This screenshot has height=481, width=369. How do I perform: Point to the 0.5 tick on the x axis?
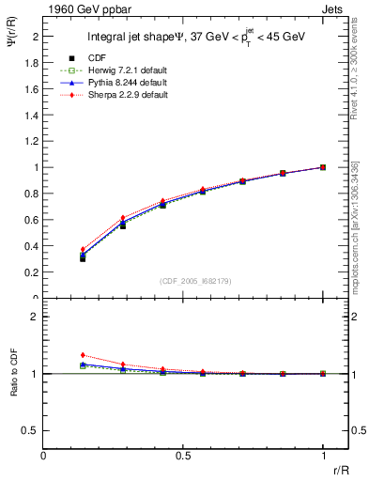[x=183, y=456]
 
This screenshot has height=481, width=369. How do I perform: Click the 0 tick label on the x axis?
[x=43, y=456]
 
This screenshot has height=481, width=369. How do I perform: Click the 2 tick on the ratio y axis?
[x=36, y=317]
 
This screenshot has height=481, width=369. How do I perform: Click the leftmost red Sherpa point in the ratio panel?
[x=83, y=355]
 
